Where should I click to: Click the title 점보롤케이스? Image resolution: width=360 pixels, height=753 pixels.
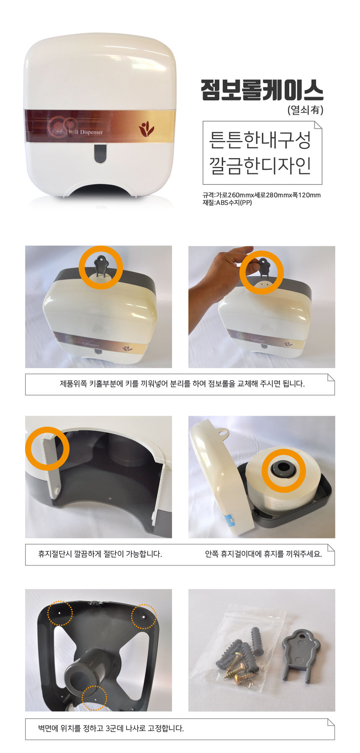262,90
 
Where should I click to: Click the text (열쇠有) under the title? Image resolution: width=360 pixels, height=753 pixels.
305,110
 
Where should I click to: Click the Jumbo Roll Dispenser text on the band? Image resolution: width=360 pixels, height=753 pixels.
77,132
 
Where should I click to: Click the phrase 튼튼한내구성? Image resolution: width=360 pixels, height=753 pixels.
260,140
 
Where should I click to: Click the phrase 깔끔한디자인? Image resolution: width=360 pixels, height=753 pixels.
260,165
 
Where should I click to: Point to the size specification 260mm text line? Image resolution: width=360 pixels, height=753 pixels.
262,195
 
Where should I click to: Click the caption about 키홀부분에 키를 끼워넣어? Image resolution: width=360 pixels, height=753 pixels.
182,384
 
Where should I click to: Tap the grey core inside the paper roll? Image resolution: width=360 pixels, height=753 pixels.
284,470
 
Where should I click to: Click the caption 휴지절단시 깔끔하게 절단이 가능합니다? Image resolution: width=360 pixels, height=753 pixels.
100,554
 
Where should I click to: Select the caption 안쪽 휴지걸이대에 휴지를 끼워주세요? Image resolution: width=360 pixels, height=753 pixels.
263,554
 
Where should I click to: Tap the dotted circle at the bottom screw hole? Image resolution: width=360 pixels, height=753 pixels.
94,698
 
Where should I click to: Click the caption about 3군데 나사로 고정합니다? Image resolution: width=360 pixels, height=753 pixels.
111,728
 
